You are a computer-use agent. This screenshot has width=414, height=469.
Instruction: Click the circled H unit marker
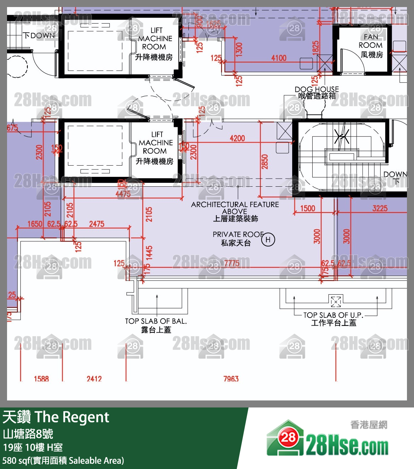pyautogui.click(x=268, y=240)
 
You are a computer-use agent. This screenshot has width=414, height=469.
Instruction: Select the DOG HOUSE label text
pyautogui.click(x=316, y=89)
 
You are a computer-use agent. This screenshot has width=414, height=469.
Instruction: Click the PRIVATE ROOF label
pyautogui.click(x=238, y=234)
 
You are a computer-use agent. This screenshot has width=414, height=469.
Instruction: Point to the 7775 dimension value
pyautogui.click(x=232, y=263)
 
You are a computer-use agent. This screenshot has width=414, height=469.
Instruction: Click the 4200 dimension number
pyautogui.click(x=237, y=138)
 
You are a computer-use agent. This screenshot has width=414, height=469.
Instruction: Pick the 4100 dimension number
pyautogui.click(x=279, y=58)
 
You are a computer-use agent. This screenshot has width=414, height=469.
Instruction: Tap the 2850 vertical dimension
pyautogui.click(x=265, y=162)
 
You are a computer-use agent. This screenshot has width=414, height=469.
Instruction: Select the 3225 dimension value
pyautogui.click(x=380, y=208)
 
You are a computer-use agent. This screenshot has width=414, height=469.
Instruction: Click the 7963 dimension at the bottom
pyautogui.click(x=231, y=379)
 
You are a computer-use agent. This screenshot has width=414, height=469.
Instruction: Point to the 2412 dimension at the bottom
pyautogui.click(x=94, y=379)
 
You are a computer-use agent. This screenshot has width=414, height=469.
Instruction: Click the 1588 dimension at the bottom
pyautogui.click(x=41, y=379)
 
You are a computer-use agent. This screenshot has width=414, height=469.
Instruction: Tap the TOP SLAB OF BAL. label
pyautogui.click(x=156, y=321)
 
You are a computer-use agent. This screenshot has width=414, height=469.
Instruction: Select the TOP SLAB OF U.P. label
pyautogui.click(x=333, y=315)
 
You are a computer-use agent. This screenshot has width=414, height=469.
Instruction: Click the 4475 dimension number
pyautogui.click(x=123, y=194)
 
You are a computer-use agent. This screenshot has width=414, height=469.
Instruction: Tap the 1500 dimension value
pyautogui.click(x=308, y=208)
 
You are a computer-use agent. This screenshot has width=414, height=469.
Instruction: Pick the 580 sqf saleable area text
pyautogui.click(x=63, y=460)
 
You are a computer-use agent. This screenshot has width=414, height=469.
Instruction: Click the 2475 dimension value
pyautogui.click(x=97, y=224)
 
